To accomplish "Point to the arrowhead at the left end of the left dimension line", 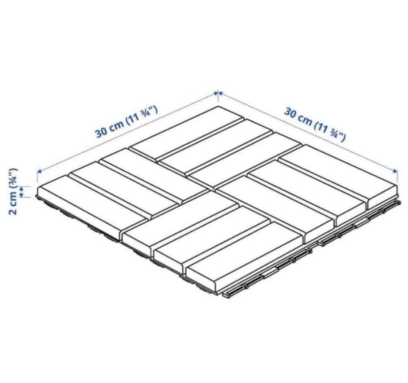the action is coord(40,171).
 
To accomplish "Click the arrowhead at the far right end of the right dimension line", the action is coord(395,170).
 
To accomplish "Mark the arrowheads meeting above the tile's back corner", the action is coord(218,93).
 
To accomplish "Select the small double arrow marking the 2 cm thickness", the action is coord(22,191).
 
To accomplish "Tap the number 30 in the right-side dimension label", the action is coord(290,113).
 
